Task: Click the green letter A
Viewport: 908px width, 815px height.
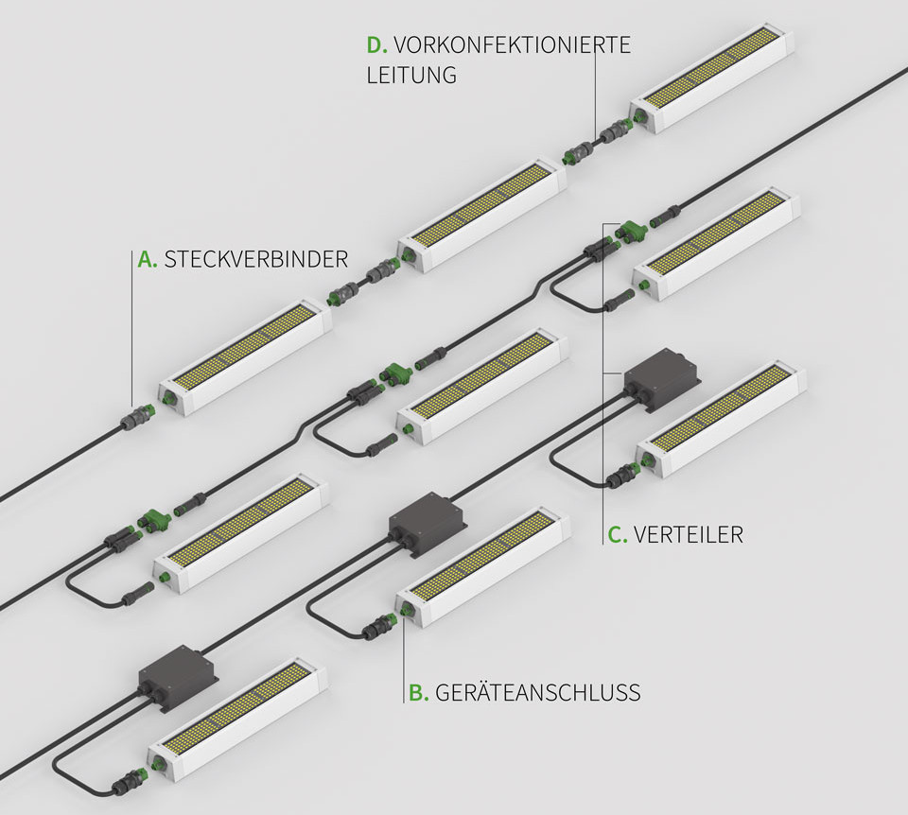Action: point(147,259)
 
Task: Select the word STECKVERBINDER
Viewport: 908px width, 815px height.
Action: point(256,259)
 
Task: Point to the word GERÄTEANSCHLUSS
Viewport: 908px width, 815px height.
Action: point(537,693)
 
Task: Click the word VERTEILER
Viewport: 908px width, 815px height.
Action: point(689,535)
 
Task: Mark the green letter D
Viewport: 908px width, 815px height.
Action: point(376,44)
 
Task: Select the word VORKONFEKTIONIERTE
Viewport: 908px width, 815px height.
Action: point(512,44)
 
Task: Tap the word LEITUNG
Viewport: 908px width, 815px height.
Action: point(411,75)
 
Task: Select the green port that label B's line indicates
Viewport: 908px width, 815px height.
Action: point(405,613)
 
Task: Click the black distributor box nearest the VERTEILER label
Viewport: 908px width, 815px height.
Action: point(661,380)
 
